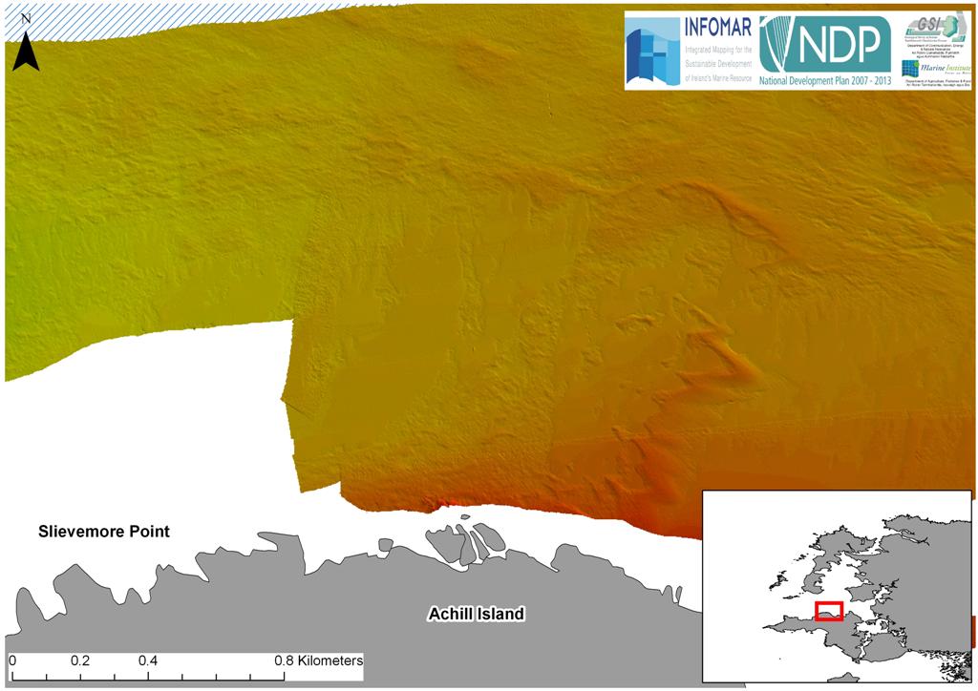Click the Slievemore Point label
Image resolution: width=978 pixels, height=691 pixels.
click(103, 532)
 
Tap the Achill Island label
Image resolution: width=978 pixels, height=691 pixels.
click(475, 614)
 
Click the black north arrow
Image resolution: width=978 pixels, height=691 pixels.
click(26, 53)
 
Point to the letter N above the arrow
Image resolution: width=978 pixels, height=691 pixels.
click(26, 18)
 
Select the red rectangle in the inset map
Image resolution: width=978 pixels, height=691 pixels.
click(828, 611)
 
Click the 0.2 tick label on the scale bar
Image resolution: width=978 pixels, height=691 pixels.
click(79, 660)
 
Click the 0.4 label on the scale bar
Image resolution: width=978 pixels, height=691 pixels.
click(147, 660)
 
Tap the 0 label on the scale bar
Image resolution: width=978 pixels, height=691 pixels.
click(12, 660)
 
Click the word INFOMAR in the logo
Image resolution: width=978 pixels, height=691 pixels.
click(717, 26)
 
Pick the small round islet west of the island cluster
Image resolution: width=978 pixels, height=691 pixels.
click(386, 546)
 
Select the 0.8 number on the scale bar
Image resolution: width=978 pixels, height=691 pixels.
click(284, 660)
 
